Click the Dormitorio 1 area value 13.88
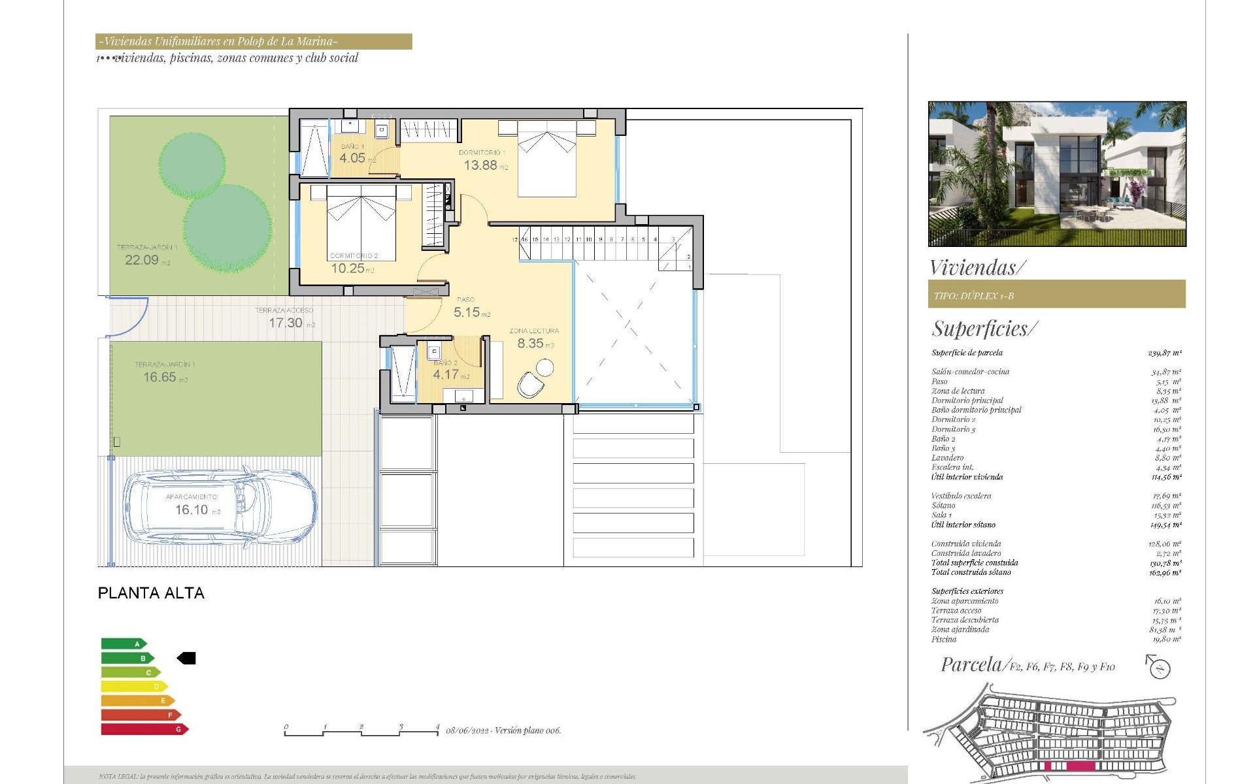click(x=480, y=165)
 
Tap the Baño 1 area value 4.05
click(x=352, y=158)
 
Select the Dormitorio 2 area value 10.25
click(x=347, y=268)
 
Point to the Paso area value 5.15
click(x=467, y=312)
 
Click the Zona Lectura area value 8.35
click(x=530, y=343)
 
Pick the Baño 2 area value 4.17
click(x=446, y=374)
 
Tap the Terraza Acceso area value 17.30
click(x=286, y=323)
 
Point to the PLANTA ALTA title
click(x=151, y=593)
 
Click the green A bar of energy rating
click(x=124, y=644)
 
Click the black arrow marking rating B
click(x=186, y=659)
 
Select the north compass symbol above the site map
click(x=1159, y=668)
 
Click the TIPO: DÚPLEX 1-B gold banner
click(x=1056, y=295)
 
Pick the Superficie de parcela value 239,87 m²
click(x=1164, y=353)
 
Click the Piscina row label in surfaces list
click(x=944, y=639)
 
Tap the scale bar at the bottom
click(x=361, y=732)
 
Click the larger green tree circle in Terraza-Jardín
click(x=227, y=228)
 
